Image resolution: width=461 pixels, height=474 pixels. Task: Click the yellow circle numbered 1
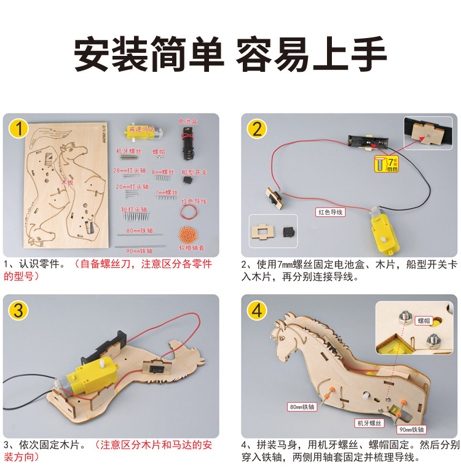[19, 130]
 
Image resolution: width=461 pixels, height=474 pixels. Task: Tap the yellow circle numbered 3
[19, 311]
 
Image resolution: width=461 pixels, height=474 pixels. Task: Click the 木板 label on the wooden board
[67, 182]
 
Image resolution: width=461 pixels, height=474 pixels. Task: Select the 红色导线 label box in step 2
[331, 212]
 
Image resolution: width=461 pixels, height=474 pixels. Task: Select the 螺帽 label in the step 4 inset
[424, 320]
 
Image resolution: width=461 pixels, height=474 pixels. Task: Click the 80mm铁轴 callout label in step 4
[302, 406]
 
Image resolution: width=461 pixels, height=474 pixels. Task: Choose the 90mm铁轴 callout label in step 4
[411, 430]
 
